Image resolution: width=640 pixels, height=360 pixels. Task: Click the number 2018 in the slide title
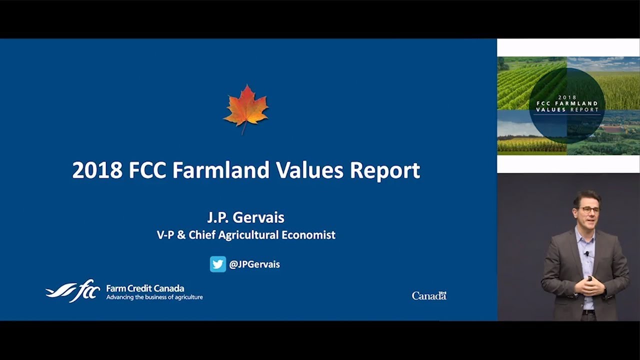click(x=97, y=170)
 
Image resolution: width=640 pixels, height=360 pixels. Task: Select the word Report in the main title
click(x=385, y=171)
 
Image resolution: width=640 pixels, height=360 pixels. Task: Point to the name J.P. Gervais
click(x=245, y=217)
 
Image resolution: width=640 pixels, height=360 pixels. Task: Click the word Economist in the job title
click(x=308, y=235)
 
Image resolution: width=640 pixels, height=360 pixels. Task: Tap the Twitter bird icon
click(x=218, y=264)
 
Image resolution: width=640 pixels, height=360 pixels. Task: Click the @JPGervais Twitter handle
click(x=254, y=264)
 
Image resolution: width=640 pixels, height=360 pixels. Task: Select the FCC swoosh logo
click(x=73, y=291)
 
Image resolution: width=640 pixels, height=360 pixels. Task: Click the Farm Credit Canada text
click(x=145, y=288)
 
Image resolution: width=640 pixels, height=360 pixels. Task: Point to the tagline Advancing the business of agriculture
click(x=154, y=297)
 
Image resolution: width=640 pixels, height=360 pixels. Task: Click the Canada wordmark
click(x=429, y=295)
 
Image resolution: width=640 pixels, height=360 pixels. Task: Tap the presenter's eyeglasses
click(x=589, y=210)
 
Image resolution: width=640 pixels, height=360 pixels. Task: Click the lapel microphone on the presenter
click(x=586, y=253)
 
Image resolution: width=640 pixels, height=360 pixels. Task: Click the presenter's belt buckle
click(x=589, y=312)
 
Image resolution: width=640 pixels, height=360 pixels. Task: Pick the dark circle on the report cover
click(x=567, y=105)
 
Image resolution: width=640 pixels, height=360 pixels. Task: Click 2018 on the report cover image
click(x=567, y=97)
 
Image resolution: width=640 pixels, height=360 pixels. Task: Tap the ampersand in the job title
click(x=181, y=235)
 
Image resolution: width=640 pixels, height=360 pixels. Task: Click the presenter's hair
click(x=586, y=197)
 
